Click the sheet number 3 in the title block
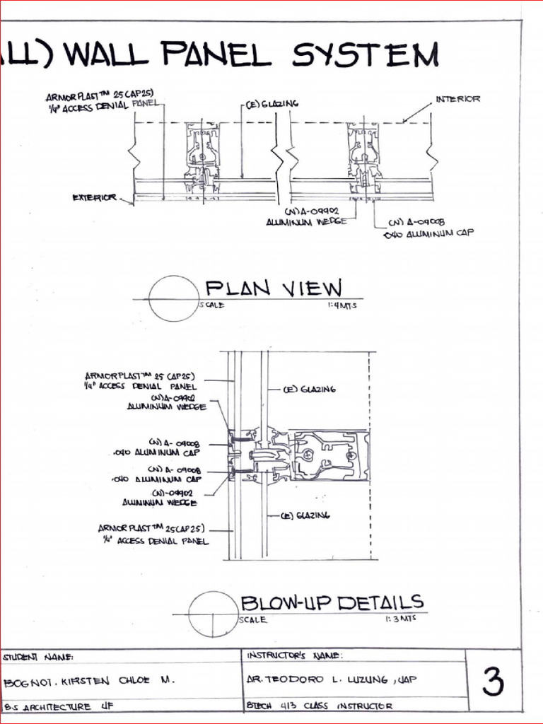point(493,682)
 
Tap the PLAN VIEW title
point(273,288)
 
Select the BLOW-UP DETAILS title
point(332,602)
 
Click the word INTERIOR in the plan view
point(457,99)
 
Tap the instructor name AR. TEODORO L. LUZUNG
point(331,679)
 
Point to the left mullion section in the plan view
point(202,160)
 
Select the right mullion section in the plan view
point(364,160)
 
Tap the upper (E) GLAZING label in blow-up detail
point(309,389)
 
